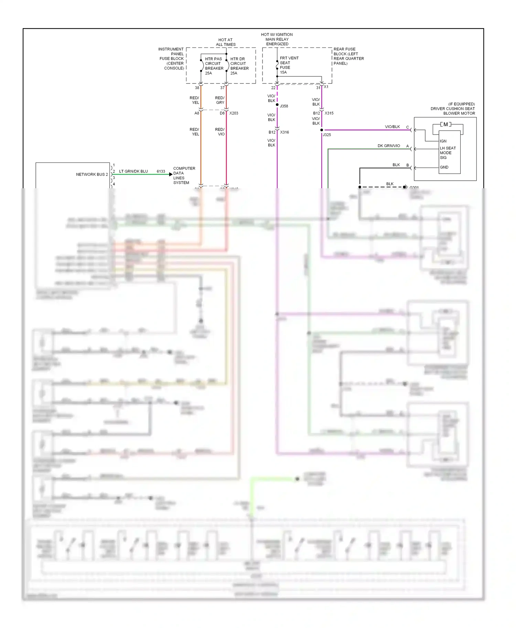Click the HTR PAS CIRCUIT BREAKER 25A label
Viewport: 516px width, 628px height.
[x=214, y=66]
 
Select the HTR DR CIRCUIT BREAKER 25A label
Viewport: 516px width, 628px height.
[x=239, y=66]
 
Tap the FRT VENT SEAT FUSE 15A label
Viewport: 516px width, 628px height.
[x=289, y=65]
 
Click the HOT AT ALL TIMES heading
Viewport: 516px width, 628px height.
[x=226, y=42]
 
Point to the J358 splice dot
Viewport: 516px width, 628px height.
[x=277, y=105]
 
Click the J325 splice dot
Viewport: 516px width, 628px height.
[x=322, y=130]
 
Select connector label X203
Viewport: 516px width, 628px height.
[x=234, y=113]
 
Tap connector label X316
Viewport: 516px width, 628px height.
[x=284, y=132]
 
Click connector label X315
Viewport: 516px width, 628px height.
[x=329, y=113]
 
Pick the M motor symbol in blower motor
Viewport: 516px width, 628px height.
[x=445, y=124]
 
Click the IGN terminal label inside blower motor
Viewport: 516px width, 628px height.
[x=443, y=141]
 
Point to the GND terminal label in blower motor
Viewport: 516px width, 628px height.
[x=444, y=167]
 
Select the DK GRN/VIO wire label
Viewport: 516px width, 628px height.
[x=389, y=146]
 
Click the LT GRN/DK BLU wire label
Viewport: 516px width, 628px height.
[x=133, y=171]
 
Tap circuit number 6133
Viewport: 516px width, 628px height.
[x=161, y=171]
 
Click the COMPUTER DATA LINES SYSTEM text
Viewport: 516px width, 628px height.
[x=184, y=176]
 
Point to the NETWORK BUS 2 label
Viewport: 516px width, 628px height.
[x=92, y=175]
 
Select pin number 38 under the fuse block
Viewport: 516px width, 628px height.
[x=197, y=88]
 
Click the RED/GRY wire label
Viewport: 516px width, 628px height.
[x=220, y=100]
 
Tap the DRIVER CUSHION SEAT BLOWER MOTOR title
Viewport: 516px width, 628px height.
[x=452, y=109]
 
